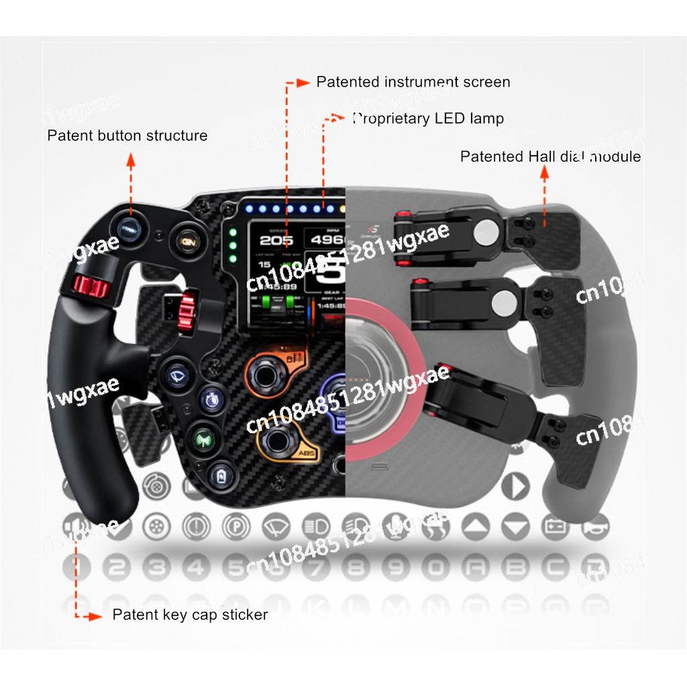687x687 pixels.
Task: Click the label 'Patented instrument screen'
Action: pos(413,82)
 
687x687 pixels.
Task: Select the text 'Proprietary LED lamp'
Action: pos(428,119)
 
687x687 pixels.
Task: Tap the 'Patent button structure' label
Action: pos(127,136)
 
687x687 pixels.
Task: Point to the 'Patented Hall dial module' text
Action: pos(550,157)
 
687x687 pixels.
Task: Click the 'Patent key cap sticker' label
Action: pos(190,615)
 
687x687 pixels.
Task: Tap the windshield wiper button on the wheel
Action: pos(177,371)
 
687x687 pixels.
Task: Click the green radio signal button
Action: pos(203,439)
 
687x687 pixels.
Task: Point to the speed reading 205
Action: pos(276,240)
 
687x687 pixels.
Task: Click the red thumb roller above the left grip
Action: pos(91,286)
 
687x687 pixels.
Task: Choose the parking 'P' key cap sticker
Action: pos(235,525)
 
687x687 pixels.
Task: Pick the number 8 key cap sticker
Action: pos(356,568)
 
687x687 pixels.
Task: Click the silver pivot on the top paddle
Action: pos(486,232)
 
